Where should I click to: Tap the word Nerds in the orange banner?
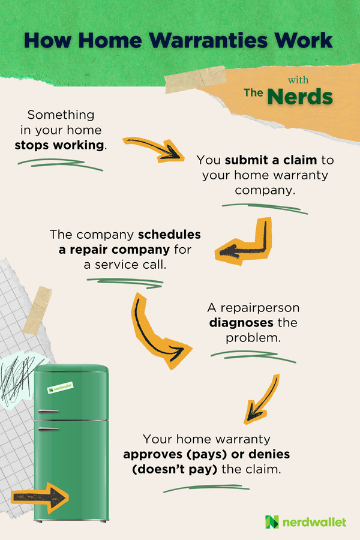tap(301, 96)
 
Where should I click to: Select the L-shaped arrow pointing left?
tap(244, 243)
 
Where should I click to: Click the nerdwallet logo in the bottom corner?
tap(306, 521)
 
